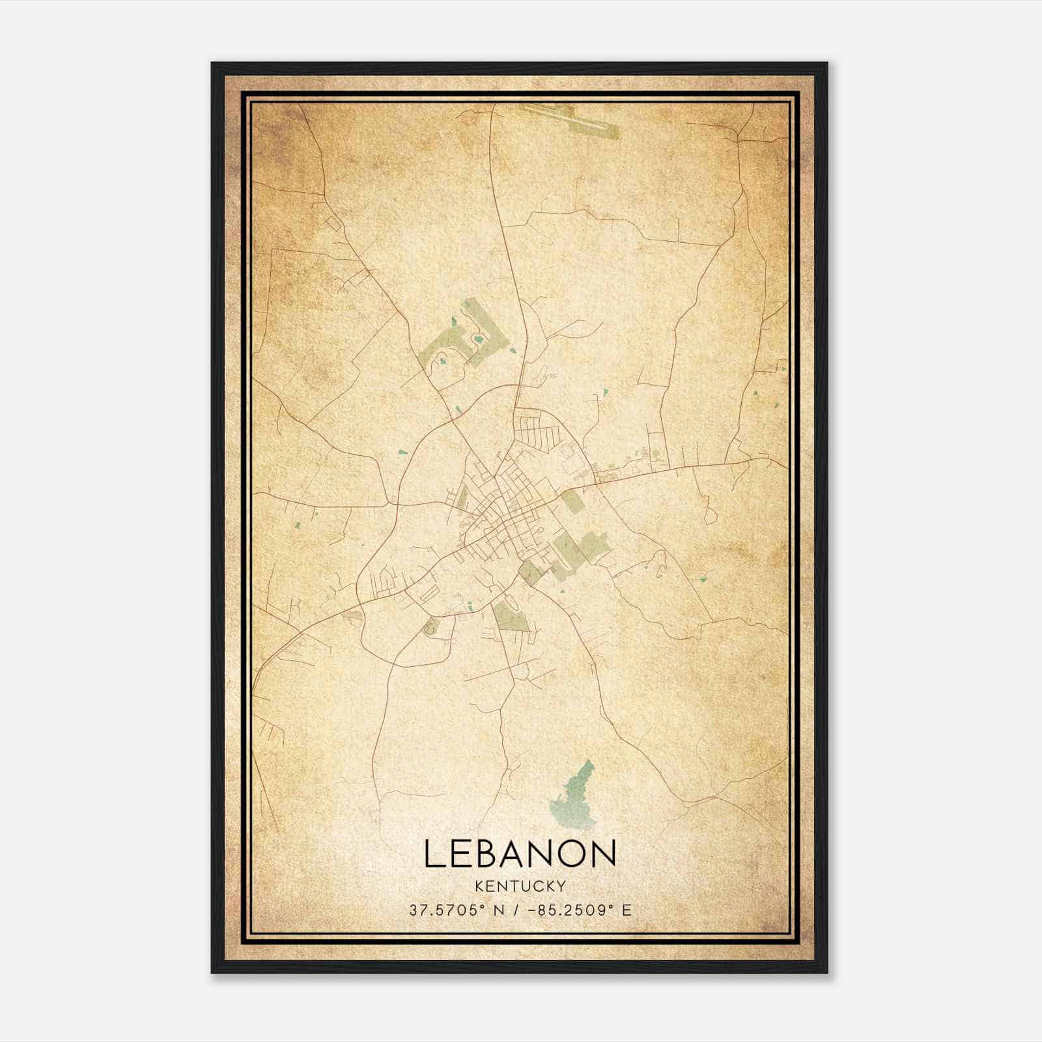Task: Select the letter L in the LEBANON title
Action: click(434, 854)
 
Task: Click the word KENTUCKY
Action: click(520, 886)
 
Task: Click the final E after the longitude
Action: click(627, 910)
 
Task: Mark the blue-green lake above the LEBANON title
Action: click(573, 798)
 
